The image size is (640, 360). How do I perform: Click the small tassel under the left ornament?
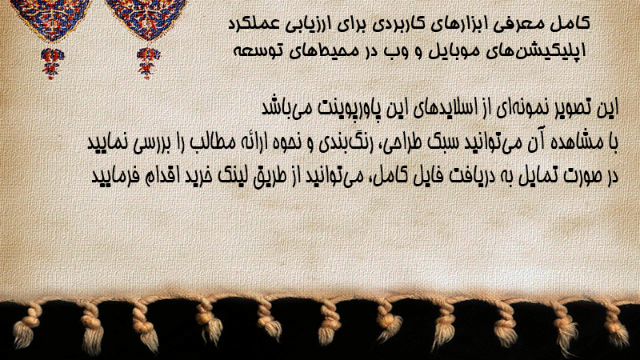[x=51, y=63]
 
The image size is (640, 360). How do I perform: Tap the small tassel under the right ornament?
[x=148, y=62]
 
